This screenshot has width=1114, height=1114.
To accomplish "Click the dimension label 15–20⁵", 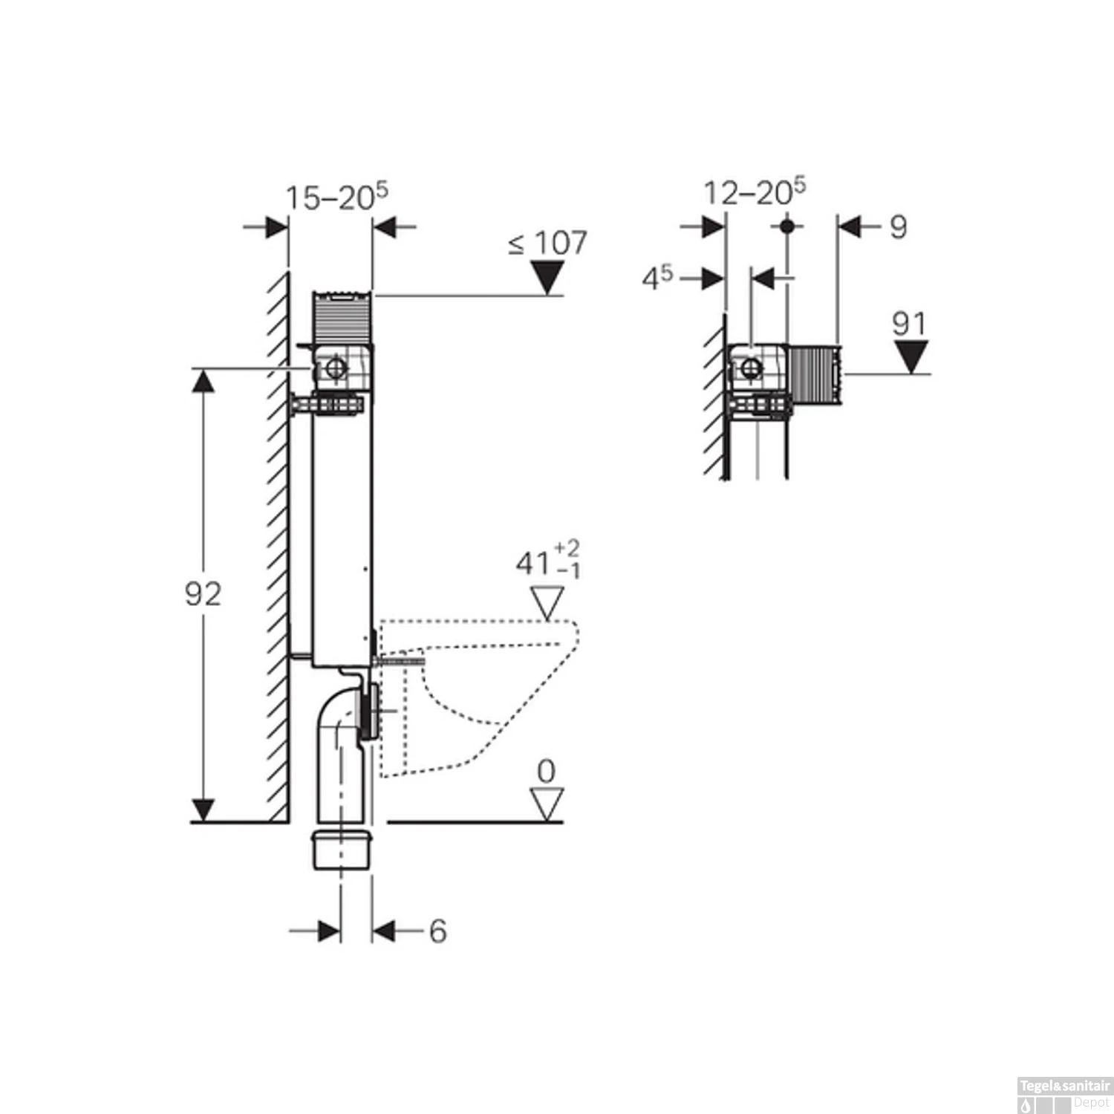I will coord(336,197).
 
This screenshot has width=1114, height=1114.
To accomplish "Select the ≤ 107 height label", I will coord(547,243).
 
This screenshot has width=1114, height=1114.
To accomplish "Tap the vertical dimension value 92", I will coord(203,594).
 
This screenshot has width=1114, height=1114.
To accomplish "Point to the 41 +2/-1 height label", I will coord(548,561).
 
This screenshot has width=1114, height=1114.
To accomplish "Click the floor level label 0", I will coord(546,772).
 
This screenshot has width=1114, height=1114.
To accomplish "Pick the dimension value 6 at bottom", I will coord(437,931).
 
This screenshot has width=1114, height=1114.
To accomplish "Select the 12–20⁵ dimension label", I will coord(754,192).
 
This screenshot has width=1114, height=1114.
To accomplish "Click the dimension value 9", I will coord(898,227).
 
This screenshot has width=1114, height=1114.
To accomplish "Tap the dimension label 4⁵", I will coord(657,278).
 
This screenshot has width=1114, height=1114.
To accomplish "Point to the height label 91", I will coord(909,324).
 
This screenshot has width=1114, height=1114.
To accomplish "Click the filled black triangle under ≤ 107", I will coord(548,280).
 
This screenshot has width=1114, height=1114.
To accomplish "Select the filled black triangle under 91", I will coord(911,356).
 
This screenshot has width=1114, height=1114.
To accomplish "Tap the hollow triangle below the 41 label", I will coord(548,602).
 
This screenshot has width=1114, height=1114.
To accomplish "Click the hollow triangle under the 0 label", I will coord(547,804).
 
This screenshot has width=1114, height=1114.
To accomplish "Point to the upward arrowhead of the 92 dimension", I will coord(203,382).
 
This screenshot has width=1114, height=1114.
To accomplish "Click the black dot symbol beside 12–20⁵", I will coord(787,225).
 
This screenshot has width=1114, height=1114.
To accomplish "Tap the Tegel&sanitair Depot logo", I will coord(1063,1095).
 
